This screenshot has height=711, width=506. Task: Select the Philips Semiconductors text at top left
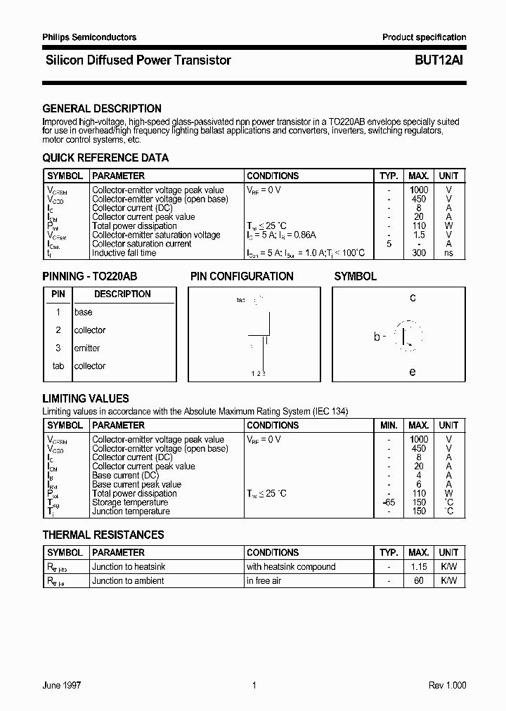point(89,37)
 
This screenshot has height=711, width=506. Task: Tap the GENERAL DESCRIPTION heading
point(102,109)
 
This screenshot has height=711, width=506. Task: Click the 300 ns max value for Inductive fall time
point(419,253)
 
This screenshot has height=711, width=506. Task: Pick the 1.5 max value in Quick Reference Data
point(419,235)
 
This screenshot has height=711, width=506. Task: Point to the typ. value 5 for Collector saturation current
point(388,244)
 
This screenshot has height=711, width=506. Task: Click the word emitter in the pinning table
point(87,348)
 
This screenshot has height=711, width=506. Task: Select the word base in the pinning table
point(83,312)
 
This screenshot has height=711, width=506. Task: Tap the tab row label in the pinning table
point(58,366)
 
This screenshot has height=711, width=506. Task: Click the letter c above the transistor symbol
point(413,298)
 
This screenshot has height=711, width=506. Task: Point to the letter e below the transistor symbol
point(413,372)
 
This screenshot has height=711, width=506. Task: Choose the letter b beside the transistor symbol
point(377,337)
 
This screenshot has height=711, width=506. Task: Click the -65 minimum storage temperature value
point(388,502)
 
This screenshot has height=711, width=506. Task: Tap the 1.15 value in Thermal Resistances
point(419,567)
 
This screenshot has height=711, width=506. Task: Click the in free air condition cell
point(264,581)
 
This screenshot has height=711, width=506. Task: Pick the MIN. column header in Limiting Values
point(389,425)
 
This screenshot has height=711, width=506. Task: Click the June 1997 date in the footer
point(62,685)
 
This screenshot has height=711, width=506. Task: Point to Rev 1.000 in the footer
point(447,685)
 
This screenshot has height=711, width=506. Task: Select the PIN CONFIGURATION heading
point(242,277)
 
